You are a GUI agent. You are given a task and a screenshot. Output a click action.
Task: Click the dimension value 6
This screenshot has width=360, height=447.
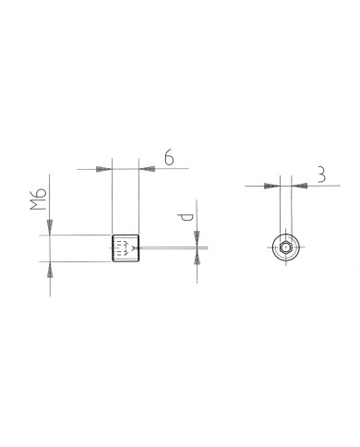tap(170, 158)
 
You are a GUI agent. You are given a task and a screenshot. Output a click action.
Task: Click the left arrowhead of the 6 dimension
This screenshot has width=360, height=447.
tap(104, 170)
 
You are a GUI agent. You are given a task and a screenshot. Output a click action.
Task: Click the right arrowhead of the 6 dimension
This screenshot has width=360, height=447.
tap(145, 170)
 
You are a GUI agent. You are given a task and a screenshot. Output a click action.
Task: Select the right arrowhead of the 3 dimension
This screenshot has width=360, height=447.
tap(298, 186)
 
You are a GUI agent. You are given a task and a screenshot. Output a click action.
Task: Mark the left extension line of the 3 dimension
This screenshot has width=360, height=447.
tap(281, 208)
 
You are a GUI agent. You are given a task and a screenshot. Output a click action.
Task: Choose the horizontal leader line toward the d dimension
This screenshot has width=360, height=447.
tap(171, 248)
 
